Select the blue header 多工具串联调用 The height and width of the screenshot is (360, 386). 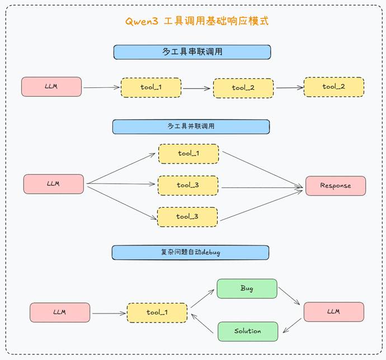[x=192, y=52]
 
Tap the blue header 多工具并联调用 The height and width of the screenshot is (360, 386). [x=191, y=127]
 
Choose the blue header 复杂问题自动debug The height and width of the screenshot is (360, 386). [x=190, y=253]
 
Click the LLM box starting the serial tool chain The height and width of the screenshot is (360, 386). [x=51, y=87]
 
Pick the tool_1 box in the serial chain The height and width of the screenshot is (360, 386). [x=151, y=88]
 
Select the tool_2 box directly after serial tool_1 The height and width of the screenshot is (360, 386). [x=243, y=88]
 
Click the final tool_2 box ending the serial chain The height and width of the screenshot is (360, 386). [x=334, y=87]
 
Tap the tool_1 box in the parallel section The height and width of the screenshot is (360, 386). [x=189, y=153]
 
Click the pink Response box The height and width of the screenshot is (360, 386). [x=336, y=185]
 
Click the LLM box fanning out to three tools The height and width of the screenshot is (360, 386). [x=54, y=184]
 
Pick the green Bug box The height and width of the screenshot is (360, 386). [x=247, y=288]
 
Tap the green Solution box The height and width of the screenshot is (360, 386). [x=247, y=331]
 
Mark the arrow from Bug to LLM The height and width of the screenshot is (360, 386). [x=290, y=297]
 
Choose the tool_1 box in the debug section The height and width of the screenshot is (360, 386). [x=157, y=312]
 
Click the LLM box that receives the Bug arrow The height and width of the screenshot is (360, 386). [x=333, y=311]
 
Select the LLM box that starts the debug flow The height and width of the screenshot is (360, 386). [x=60, y=312]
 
